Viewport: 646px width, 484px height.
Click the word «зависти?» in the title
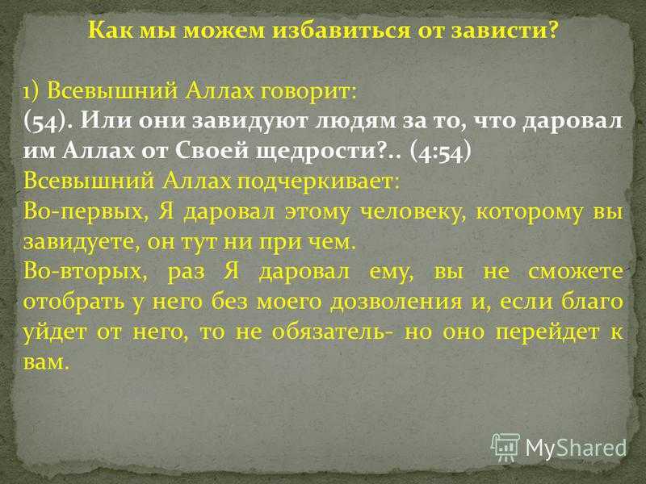(x=504, y=30)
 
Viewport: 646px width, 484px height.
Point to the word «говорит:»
(x=307, y=91)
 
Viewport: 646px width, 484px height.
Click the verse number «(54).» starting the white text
(x=48, y=122)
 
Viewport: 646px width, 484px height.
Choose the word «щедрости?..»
(x=329, y=152)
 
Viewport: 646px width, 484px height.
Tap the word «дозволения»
(x=396, y=302)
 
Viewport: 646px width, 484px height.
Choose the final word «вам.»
(x=46, y=362)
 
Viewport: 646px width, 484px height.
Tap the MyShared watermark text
(x=576, y=448)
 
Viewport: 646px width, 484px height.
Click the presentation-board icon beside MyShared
(x=505, y=448)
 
